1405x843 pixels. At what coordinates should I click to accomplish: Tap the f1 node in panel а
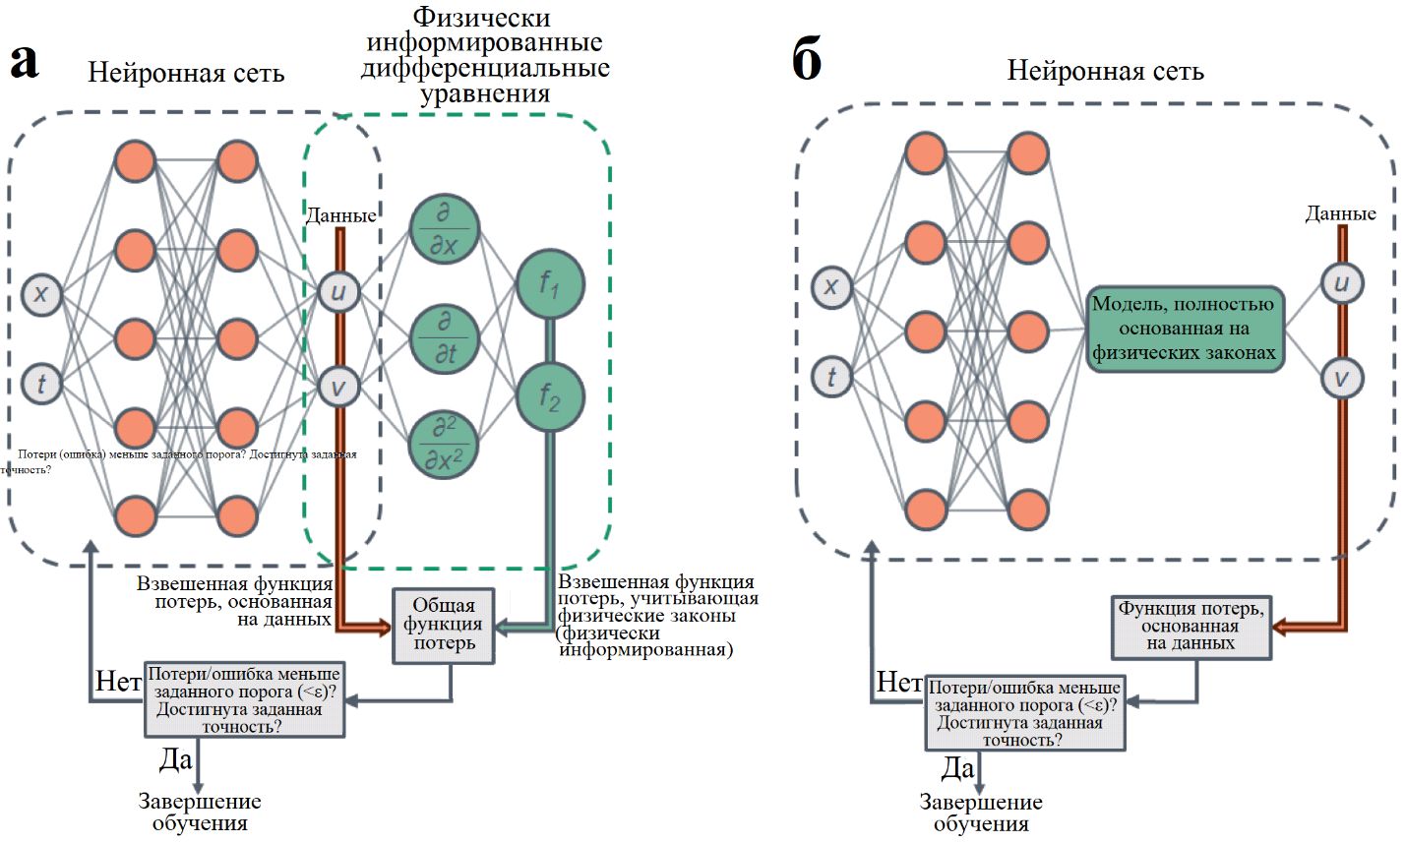[x=549, y=284]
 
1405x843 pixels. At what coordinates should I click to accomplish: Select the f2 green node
[x=549, y=397]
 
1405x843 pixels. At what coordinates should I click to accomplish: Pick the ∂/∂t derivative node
[x=445, y=337]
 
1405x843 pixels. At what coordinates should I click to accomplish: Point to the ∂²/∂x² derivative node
[x=445, y=445]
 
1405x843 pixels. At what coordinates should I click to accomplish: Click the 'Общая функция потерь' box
[x=444, y=624]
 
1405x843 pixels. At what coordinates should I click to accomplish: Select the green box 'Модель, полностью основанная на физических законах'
[x=1185, y=329]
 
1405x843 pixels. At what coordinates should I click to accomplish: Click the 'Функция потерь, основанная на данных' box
[x=1191, y=626]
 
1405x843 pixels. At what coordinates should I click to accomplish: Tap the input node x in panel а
[x=41, y=294]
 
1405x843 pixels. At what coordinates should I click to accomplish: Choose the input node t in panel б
[x=831, y=377]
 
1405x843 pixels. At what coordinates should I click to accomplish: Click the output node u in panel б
[x=1341, y=283]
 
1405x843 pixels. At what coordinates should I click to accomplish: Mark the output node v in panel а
[x=338, y=386]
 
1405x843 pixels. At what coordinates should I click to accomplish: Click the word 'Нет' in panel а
[x=118, y=681]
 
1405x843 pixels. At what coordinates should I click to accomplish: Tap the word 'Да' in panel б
[x=957, y=767]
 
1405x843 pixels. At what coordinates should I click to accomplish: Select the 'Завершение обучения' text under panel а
[x=200, y=812]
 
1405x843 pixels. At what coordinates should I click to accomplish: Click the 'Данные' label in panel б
[x=1340, y=213]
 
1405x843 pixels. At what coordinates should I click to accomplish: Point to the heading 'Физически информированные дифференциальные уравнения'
[x=484, y=56]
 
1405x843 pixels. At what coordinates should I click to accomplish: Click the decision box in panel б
[x=1023, y=712]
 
